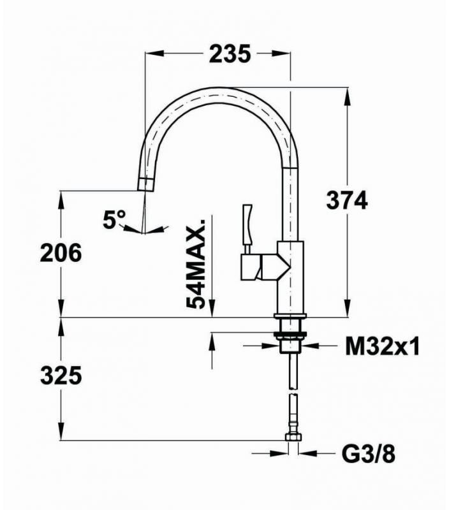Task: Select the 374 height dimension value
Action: point(346,201)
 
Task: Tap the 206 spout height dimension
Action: point(61,253)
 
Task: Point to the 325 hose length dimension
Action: point(61,376)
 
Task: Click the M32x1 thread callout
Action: point(382,347)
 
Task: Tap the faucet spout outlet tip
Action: point(146,185)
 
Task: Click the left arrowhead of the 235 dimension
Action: point(151,55)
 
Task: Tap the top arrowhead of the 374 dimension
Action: point(347,93)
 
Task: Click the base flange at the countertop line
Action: point(291,317)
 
